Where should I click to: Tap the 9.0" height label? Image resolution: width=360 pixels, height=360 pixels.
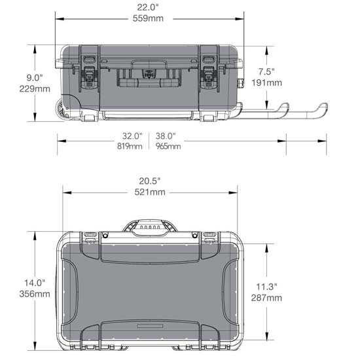coord(32,77)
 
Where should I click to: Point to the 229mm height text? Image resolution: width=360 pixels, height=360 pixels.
coord(31,88)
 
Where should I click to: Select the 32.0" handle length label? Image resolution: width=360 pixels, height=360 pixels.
coord(132,136)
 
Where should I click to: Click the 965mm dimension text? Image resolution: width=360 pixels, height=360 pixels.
coord(168,146)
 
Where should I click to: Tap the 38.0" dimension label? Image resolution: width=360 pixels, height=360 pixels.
coord(166,136)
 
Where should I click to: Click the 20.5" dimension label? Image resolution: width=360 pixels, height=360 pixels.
coord(148,181)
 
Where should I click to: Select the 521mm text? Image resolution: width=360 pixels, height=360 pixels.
coord(149,192)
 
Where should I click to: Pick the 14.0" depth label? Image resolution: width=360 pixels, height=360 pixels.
coord(35,283)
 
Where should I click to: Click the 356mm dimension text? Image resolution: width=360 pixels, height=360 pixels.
coord(35,294)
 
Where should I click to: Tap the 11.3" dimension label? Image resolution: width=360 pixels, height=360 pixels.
coord(266,287)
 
